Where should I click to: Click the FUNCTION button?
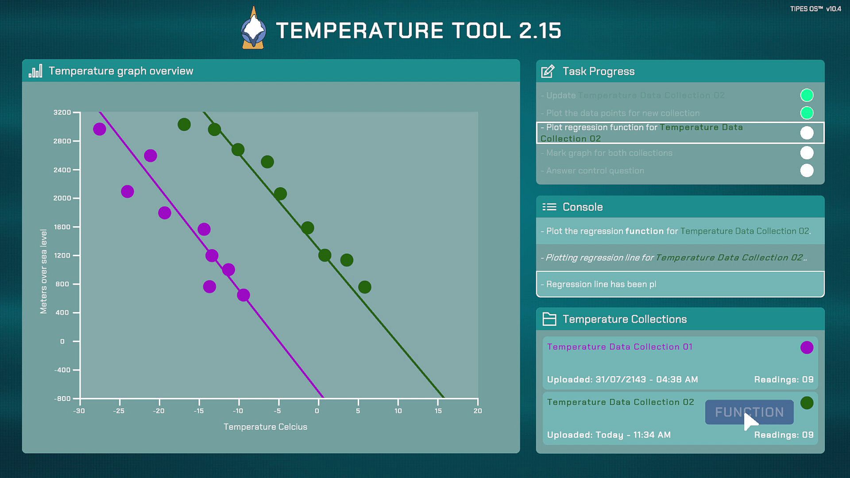tap(749, 412)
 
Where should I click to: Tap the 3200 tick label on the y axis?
tap(62, 112)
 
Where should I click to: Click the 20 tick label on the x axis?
tap(478, 411)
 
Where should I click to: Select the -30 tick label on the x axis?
tap(79, 411)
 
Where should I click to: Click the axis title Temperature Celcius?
tap(265, 427)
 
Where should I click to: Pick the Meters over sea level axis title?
tap(43, 271)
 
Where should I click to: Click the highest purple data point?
tap(100, 129)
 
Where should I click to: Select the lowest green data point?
tap(365, 287)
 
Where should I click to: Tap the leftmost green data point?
tap(184, 125)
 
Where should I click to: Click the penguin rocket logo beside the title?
tap(253, 29)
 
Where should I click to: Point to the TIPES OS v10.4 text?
tap(815, 9)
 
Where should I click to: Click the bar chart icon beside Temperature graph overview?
tap(35, 71)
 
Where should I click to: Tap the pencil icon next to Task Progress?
tap(548, 71)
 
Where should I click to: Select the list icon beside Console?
tap(549, 207)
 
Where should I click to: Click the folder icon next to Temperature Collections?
tap(549, 319)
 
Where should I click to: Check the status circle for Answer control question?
tap(807, 170)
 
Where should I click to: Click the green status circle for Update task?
tap(807, 95)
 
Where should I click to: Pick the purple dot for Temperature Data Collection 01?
tap(807, 347)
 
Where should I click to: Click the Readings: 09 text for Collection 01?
tap(784, 379)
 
